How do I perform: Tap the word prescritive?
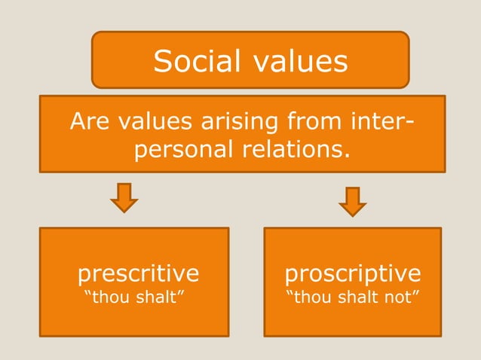pos(139,271)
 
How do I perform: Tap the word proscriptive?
pos(353,271)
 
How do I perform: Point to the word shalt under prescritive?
pos(158,297)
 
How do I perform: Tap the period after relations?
pos(348,156)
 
